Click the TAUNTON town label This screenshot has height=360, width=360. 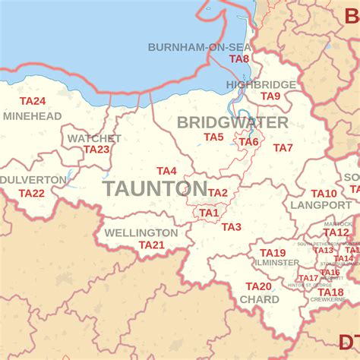pyautogui.click(x=144, y=189)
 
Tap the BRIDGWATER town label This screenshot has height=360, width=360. pyautogui.click(x=232, y=122)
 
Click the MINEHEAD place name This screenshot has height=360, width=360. pyautogui.click(x=32, y=116)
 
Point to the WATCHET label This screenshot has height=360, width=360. pyautogui.click(x=93, y=138)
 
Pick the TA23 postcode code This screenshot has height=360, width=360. pyautogui.click(x=96, y=150)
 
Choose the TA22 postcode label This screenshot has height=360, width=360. pyautogui.click(x=32, y=193)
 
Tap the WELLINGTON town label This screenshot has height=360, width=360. pyautogui.click(x=141, y=232)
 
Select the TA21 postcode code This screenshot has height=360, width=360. pyautogui.click(x=151, y=245)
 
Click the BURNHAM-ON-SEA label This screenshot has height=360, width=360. pyautogui.click(x=198, y=47)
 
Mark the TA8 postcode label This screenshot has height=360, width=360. pyautogui.click(x=239, y=58)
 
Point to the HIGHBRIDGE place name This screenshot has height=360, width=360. pyautogui.click(x=261, y=84)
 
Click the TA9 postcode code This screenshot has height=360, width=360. pyautogui.click(x=270, y=96)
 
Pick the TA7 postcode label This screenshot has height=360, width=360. pyautogui.click(x=283, y=147)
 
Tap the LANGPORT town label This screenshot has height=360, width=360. pyautogui.click(x=309, y=205)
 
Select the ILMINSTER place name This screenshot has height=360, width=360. pyautogui.click(x=278, y=263)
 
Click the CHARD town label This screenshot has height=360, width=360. pyautogui.click(x=259, y=299)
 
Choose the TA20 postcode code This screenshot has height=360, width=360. pyautogui.click(x=258, y=286)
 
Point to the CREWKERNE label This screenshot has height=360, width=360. pyautogui.click(x=328, y=300)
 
